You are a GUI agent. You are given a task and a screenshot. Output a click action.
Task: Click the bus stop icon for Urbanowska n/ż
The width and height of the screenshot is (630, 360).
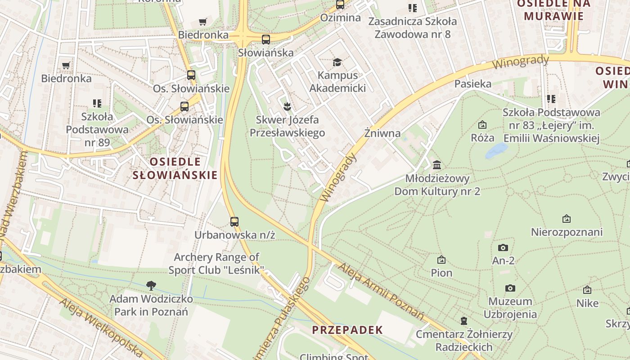[234, 221]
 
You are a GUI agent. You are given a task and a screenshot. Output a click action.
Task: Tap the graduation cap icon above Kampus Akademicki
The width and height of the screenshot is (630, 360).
[337, 62]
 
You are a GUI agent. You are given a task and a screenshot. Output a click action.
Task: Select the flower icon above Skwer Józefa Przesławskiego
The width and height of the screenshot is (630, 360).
[287, 107]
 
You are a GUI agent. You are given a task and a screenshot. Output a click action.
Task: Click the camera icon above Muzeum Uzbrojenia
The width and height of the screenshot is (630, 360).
[510, 288]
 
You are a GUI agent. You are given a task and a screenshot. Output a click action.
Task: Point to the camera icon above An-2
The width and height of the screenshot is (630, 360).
[503, 247]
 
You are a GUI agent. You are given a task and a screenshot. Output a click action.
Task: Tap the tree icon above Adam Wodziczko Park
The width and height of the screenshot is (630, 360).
[151, 285]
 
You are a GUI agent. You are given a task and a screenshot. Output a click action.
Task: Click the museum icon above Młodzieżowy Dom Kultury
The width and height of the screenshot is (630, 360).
[436, 165]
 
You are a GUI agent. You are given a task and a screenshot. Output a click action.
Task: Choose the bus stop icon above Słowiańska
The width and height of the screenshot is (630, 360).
[266, 39]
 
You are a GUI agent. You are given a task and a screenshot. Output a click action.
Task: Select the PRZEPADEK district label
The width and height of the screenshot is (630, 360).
[347, 330]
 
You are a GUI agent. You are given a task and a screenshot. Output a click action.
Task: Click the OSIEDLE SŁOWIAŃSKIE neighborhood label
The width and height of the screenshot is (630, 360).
[175, 168]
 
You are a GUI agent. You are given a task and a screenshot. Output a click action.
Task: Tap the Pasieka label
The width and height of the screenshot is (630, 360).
[472, 84]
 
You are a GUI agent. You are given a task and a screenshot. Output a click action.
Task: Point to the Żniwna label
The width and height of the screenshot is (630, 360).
[382, 133]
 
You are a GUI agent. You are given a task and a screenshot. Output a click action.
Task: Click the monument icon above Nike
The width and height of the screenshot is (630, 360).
[587, 290]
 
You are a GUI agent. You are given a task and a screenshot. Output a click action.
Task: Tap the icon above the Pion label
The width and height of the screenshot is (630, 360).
[441, 260]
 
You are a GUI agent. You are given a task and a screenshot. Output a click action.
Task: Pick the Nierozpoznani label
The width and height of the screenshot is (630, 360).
[567, 232]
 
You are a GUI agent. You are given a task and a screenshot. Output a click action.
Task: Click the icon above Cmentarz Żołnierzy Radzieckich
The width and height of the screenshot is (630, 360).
[463, 321]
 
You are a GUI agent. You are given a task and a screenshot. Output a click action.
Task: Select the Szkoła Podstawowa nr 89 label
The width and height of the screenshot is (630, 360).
[97, 130]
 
